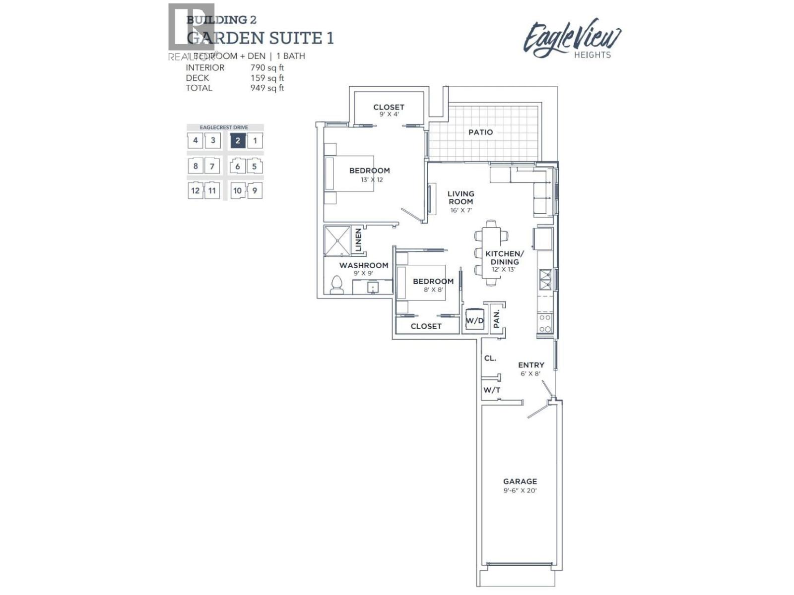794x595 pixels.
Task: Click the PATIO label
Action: click(x=480, y=132)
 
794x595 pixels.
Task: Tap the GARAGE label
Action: click(x=520, y=481)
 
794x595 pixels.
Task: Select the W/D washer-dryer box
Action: click(x=474, y=320)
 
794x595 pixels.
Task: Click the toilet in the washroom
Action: click(x=337, y=286)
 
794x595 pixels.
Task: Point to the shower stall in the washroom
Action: click(x=337, y=241)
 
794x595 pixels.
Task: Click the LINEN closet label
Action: click(x=359, y=239)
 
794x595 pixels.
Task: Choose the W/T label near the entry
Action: click(x=492, y=390)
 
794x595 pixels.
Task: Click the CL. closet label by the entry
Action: click(x=490, y=358)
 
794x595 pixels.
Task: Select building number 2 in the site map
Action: click(x=238, y=141)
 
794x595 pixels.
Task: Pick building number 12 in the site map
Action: click(x=195, y=190)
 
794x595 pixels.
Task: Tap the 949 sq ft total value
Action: click(x=267, y=88)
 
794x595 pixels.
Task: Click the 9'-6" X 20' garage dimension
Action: click(x=520, y=490)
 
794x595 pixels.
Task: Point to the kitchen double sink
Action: click(x=545, y=279)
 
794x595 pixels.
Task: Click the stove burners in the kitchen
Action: click(x=545, y=323)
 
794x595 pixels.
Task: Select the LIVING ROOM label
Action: click(x=461, y=197)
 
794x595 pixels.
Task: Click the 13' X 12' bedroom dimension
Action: click(x=372, y=179)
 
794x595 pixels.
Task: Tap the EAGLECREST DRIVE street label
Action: click(x=224, y=127)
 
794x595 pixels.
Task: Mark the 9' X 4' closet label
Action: click(x=389, y=114)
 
